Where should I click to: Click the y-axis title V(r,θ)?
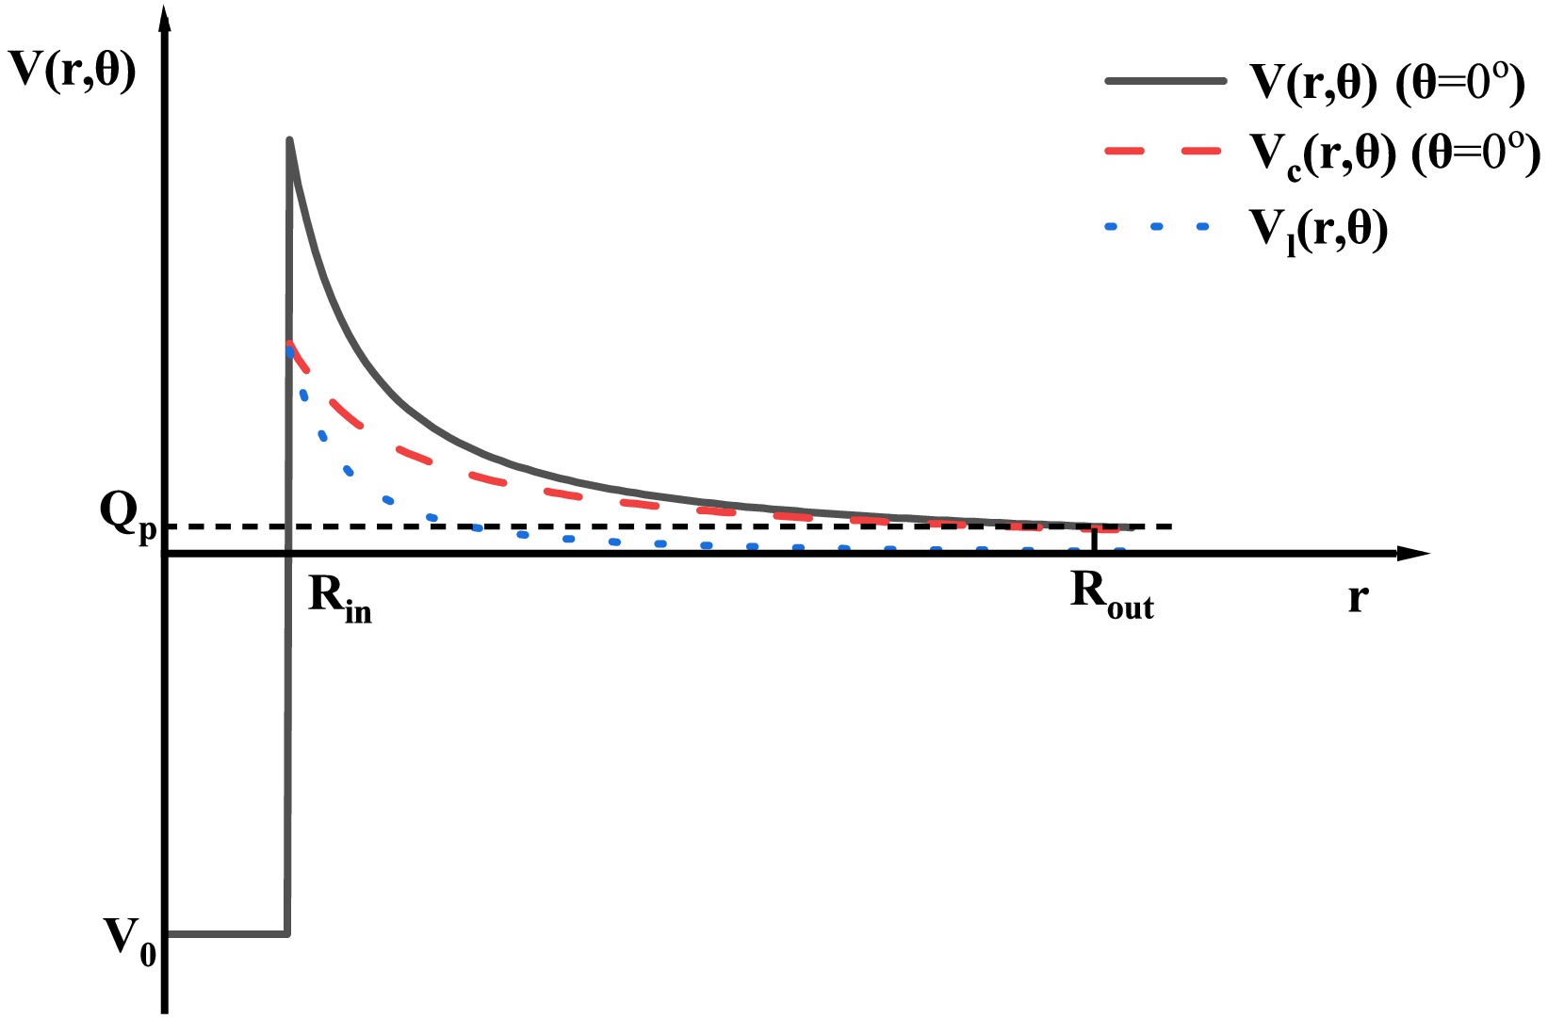tap(72, 71)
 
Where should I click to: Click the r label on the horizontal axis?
tap(1357, 597)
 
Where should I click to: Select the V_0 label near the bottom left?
tap(130, 940)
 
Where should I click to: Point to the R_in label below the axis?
tap(340, 598)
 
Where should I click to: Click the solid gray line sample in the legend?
tap(1165, 82)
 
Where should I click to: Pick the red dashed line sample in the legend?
tap(1165, 151)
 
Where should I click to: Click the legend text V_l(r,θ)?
tap(1319, 229)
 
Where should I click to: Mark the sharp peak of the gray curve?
tap(290, 141)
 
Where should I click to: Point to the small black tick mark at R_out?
tap(1094, 541)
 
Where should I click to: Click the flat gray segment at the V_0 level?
tap(226, 933)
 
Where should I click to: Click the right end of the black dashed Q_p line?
tap(1169, 526)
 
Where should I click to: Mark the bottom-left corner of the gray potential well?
tap(170, 933)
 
